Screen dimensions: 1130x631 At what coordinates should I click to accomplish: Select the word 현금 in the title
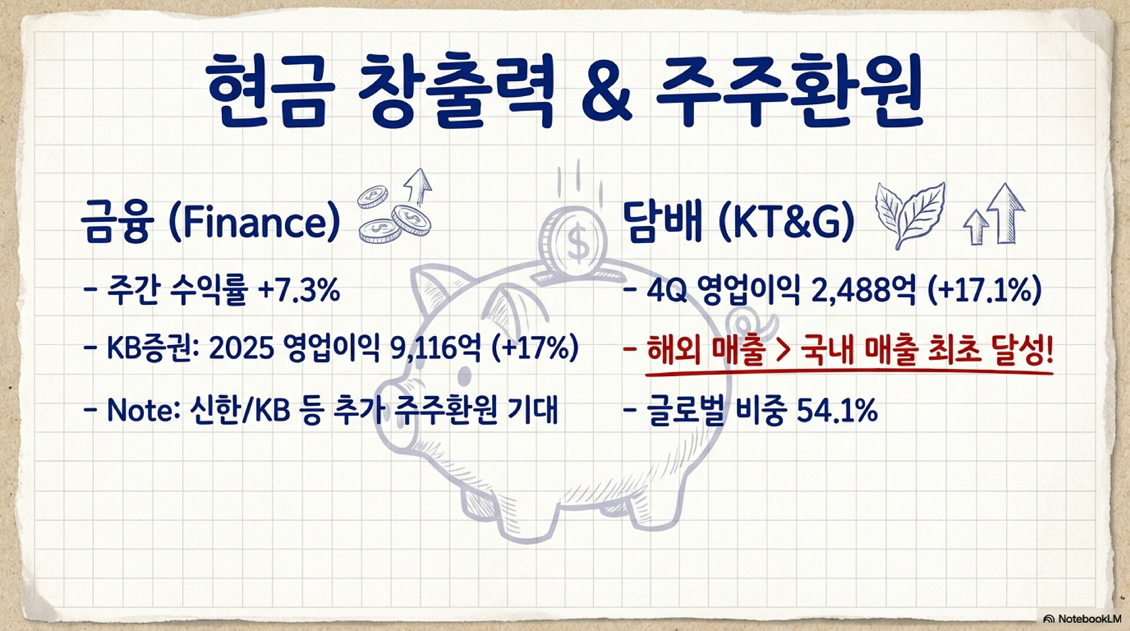268,91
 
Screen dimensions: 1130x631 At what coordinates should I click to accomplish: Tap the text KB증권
149,348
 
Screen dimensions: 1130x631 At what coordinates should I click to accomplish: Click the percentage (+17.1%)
985,290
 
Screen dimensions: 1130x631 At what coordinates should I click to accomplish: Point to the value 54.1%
837,410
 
